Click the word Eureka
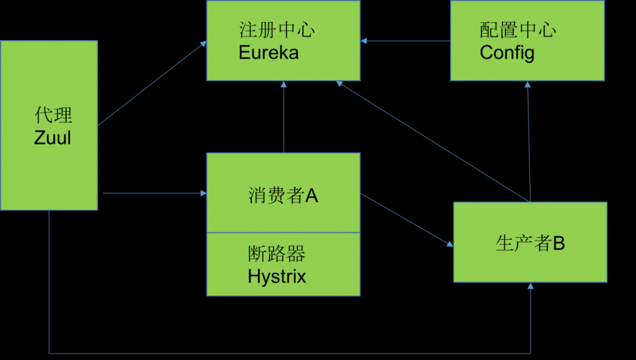tap(268, 52)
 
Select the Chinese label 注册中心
tap(277, 30)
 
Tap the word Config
tap(507, 52)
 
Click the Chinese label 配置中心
tap(518, 30)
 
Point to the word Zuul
tap(52, 137)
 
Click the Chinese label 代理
tap(53, 115)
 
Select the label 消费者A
tap(283, 196)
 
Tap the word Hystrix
tap(277, 277)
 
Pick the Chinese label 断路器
tap(276, 254)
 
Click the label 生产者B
tap(530, 243)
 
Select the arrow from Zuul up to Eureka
tap(153, 83)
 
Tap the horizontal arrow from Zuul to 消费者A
tap(153, 192)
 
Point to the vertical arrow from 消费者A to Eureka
tap(284, 118)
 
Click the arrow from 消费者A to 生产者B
tap(407, 219)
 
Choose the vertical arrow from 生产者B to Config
tap(528, 140)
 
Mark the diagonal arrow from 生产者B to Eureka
tap(432, 141)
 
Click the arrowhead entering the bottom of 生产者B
tap(530, 287)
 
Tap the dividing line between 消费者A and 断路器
tap(283, 232)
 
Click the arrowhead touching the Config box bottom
tap(527, 85)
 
